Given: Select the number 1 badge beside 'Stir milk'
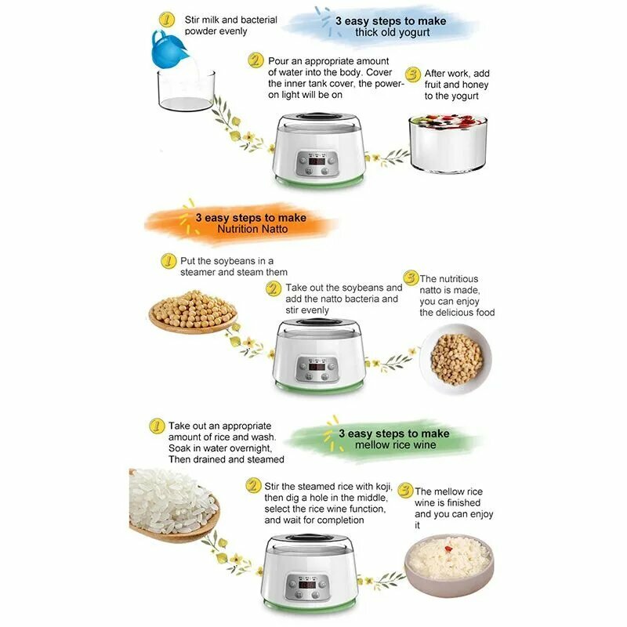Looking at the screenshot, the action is tap(166, 19).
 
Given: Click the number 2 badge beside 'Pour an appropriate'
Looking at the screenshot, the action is tap(255, 60).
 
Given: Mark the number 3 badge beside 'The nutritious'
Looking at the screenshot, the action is tap(410, 278).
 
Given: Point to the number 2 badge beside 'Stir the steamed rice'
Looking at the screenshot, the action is tap(252, 486).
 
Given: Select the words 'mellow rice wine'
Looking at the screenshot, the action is tap(393, 445).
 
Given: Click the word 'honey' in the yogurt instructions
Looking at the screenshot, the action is tap(475, 85).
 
